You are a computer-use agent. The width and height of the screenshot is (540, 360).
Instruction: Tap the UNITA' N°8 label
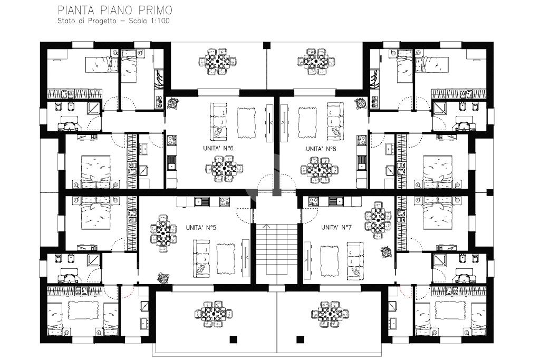click(321, 149)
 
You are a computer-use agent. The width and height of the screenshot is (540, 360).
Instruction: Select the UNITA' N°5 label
click(201, 228)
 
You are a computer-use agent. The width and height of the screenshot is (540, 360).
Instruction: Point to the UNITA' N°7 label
click(336, 228)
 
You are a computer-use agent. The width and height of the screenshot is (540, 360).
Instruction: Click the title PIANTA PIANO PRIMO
click(115, 10)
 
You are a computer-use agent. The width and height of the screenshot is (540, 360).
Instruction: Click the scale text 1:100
click(159, 21)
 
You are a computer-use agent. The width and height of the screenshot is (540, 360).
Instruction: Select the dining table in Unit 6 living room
click(224, 169)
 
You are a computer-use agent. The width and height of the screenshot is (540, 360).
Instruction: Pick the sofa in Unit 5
click(201, 258)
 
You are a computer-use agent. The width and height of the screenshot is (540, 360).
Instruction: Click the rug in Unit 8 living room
click(307, 123)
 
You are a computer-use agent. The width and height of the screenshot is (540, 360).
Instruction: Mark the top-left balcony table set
click(218, 62)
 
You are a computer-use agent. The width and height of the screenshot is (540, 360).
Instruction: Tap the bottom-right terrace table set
click(330, 314)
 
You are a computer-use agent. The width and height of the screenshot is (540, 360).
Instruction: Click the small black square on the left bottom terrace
click(234, 339)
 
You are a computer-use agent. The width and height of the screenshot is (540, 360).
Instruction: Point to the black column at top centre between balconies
click(267, 45)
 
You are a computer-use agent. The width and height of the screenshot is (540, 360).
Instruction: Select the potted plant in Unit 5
click(163, 277)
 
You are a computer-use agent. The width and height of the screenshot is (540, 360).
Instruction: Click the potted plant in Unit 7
click(386, 252)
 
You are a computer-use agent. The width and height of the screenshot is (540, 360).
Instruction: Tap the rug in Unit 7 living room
click(330, 260)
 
